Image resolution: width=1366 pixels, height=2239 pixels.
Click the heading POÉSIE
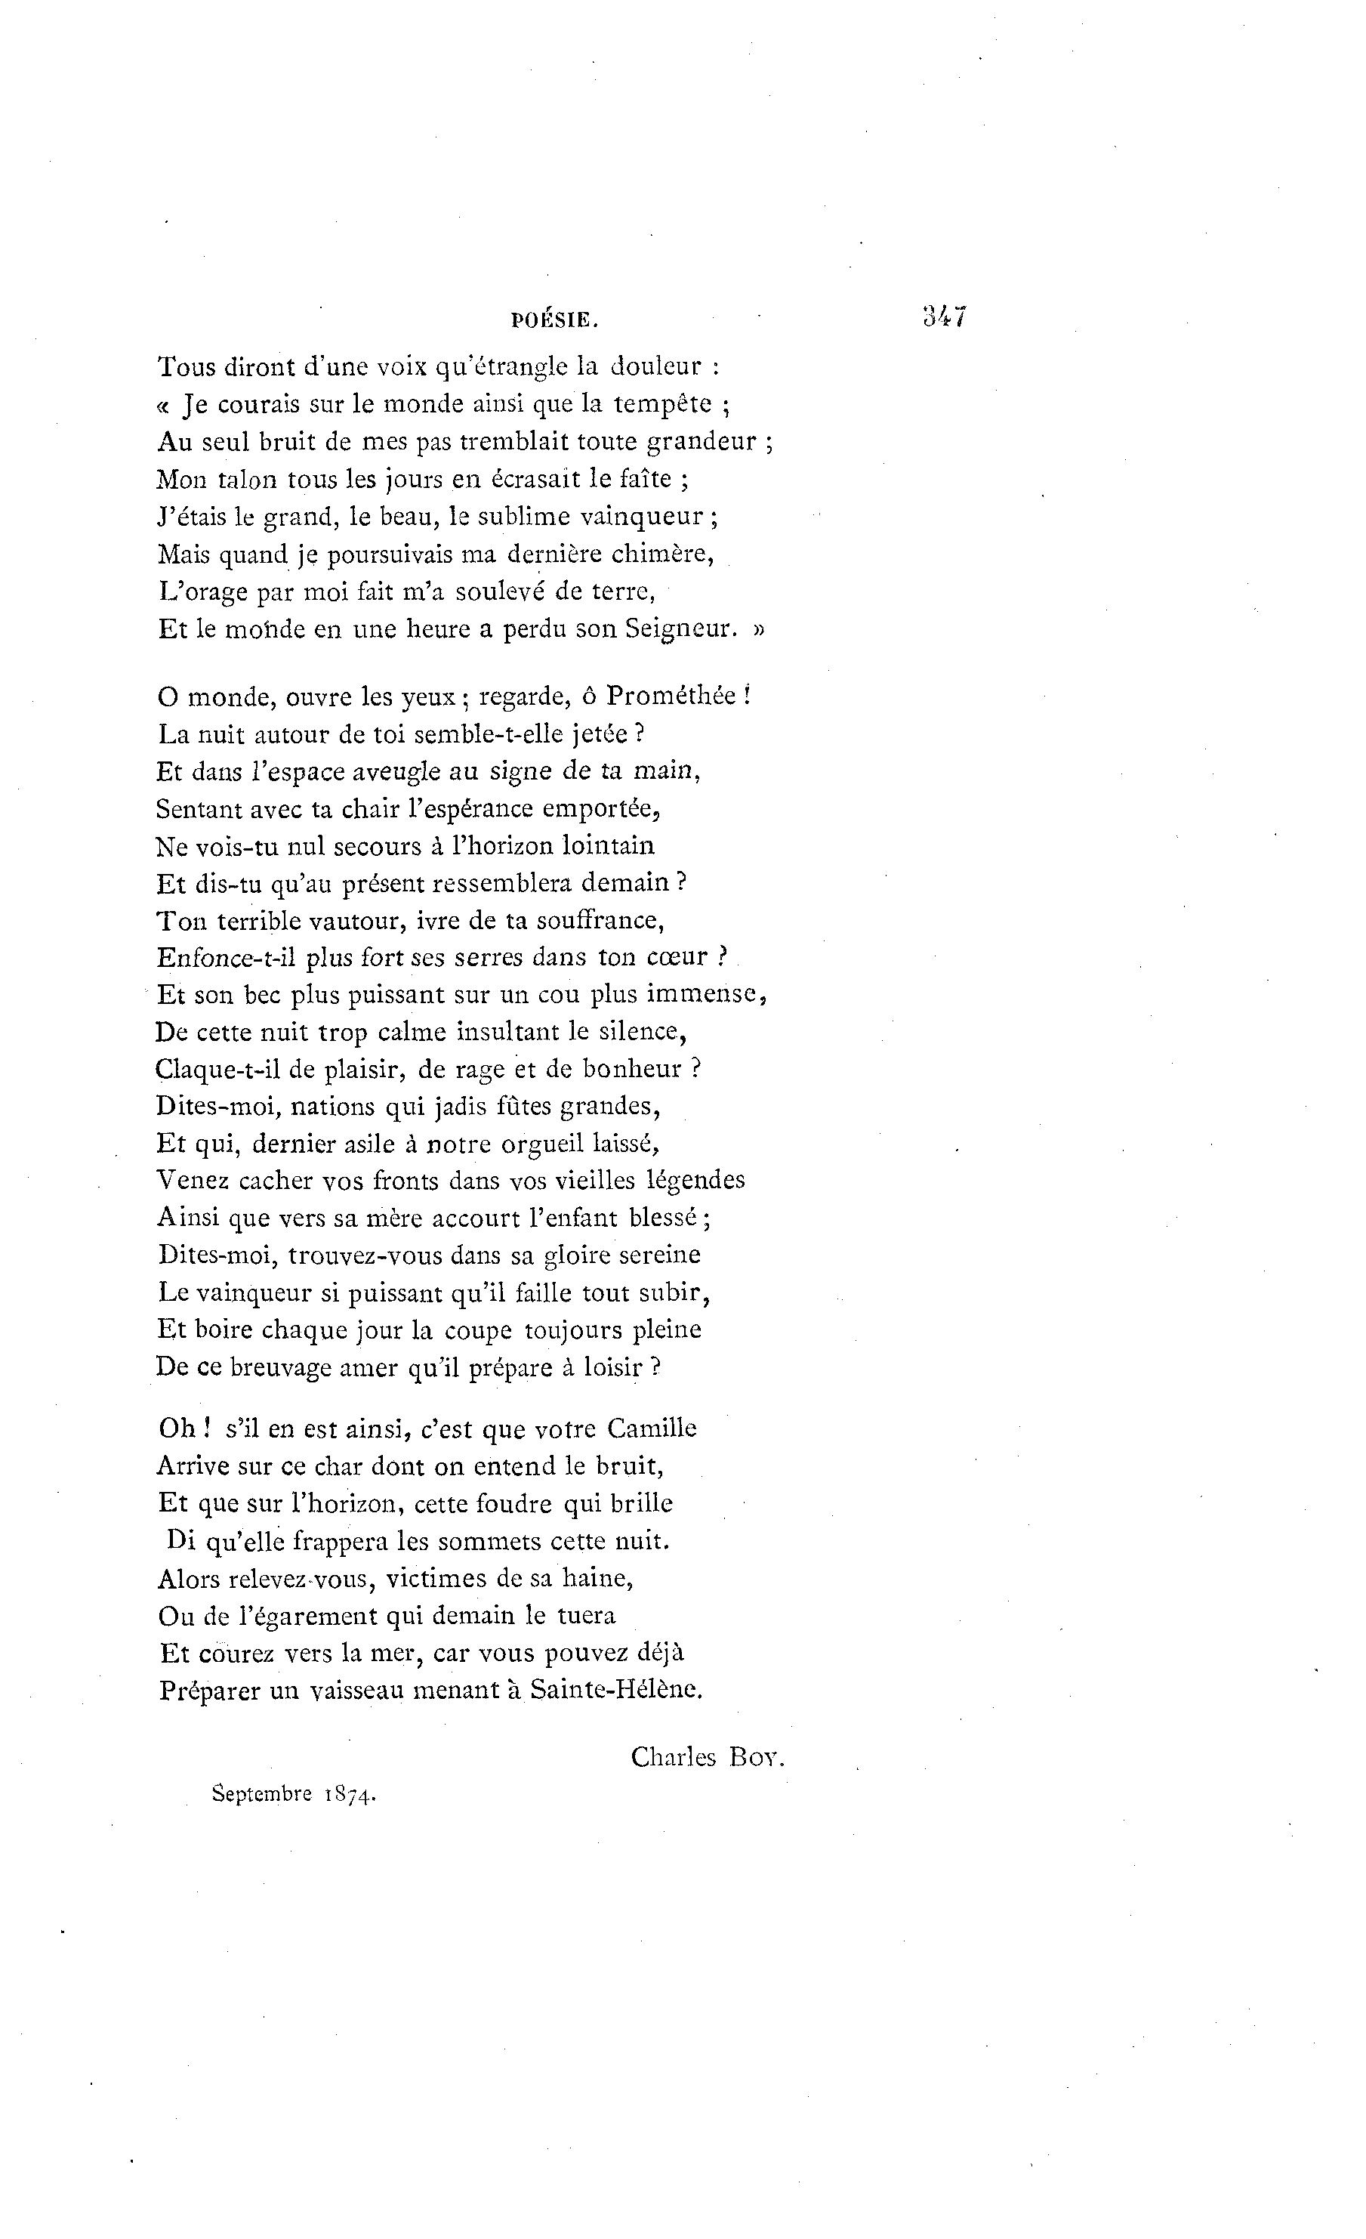554,320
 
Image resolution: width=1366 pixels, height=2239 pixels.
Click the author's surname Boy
756,1756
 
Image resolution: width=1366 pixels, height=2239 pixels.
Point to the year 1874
350,1795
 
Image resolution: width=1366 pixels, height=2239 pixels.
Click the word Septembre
263,1795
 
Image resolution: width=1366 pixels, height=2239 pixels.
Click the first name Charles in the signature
673,1756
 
